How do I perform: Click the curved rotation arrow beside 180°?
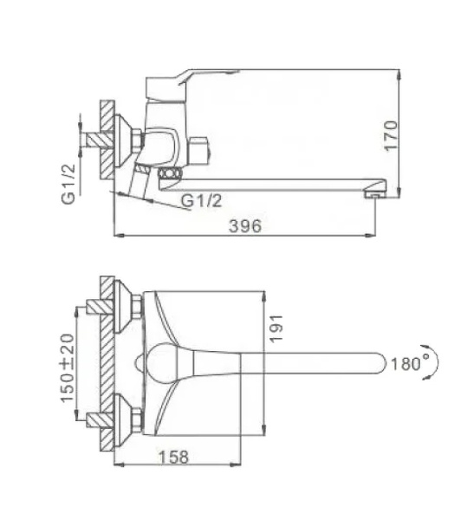click(437, 362)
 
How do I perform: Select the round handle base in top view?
click(160, 362)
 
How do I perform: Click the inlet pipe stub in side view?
click(88, 138)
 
